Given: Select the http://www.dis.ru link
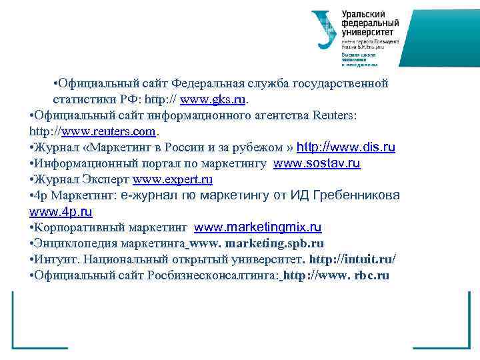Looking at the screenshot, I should tap(345, 147).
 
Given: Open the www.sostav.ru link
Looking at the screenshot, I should tap(317, 163).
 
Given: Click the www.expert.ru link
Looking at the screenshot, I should tap(173, 179).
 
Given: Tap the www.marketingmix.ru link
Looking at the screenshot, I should tap(258, 228).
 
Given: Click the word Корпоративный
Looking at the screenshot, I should tap(81, 228).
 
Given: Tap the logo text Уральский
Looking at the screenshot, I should tap(365, 13).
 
